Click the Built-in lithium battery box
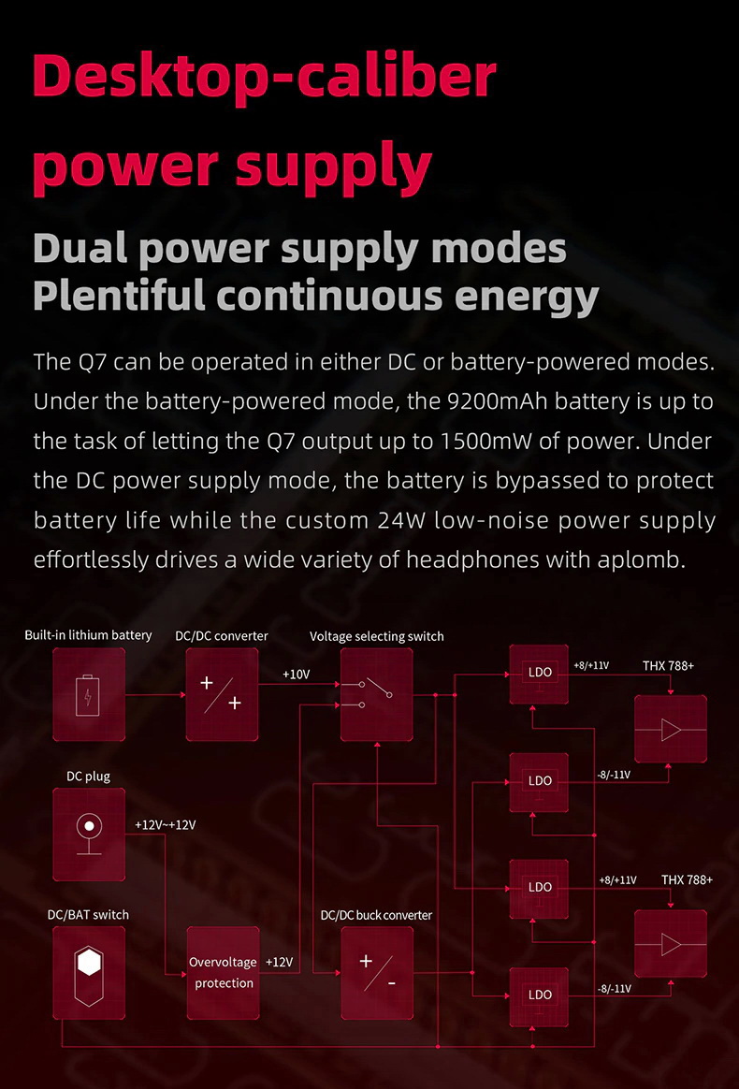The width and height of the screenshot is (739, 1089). click(89, 695)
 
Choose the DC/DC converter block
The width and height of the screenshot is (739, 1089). click(222, 695)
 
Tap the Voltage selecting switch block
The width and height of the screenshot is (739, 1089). click(376, 695)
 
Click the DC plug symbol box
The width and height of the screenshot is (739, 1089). click(89, 833)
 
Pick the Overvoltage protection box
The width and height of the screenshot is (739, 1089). click(222, 972)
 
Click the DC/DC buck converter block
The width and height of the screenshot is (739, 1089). click(376, 973)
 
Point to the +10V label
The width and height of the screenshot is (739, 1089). click(296, 674)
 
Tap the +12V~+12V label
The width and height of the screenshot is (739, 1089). click(165, 825)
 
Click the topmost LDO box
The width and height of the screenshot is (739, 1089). click(540, 673)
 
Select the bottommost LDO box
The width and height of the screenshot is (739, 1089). click(540, 995)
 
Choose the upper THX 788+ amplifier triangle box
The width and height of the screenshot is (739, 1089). click(671, 729)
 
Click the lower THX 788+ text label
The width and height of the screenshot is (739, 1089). click(687, 880)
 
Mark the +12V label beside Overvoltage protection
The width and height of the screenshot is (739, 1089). click(279, 962)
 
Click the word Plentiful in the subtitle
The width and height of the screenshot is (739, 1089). click(118, 296)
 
